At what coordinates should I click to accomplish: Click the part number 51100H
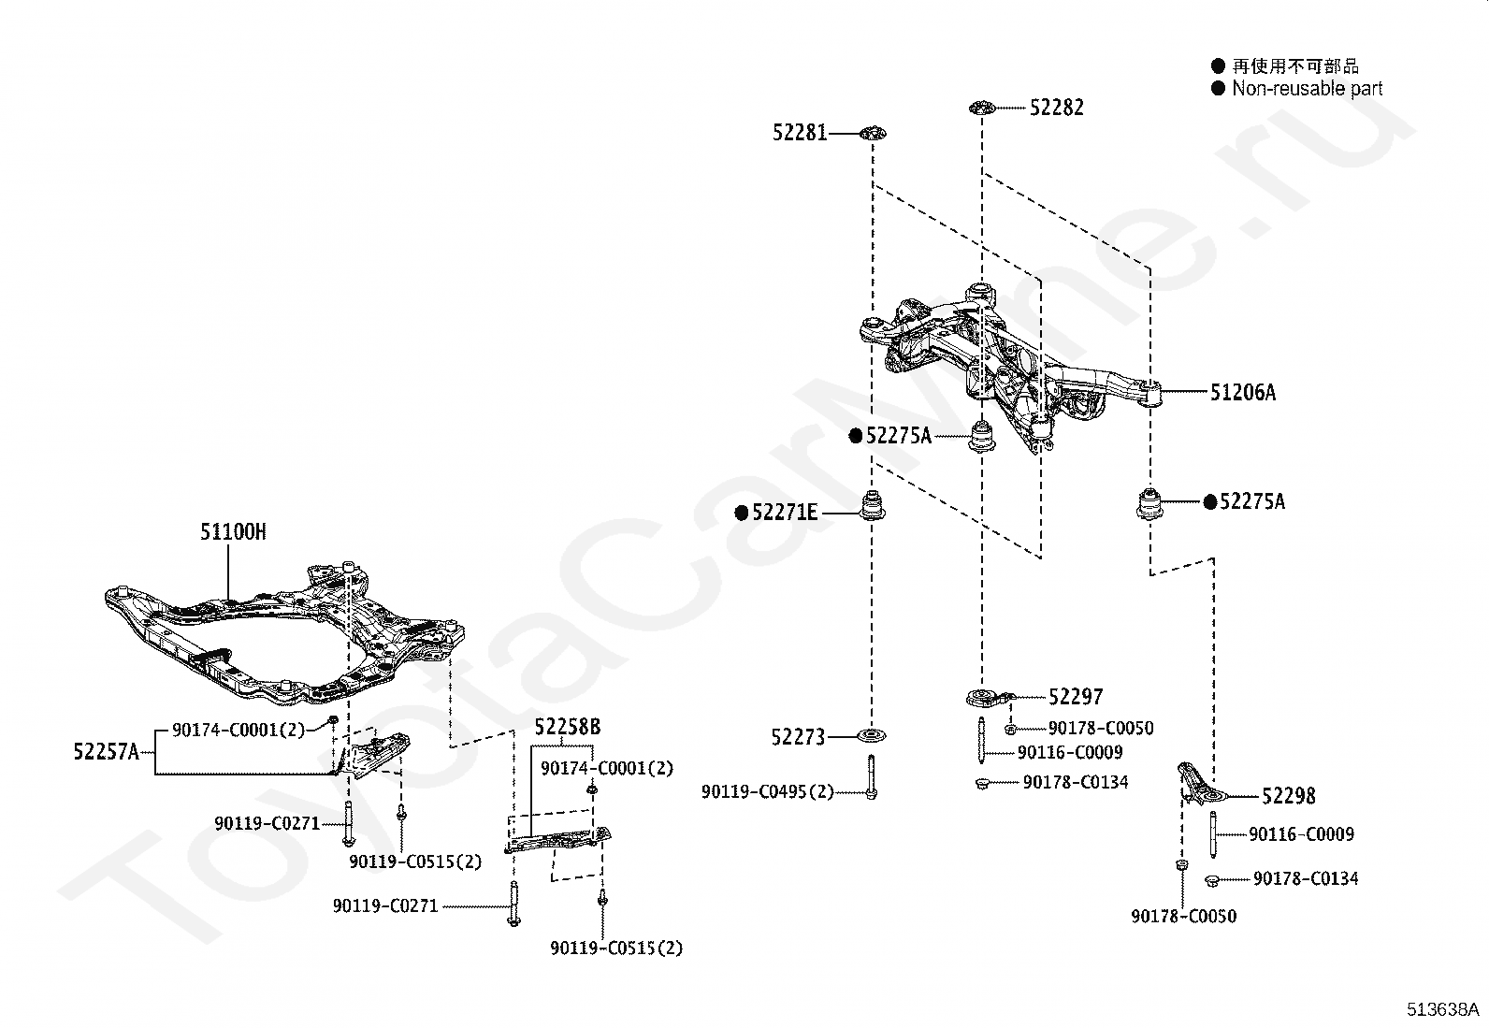[233, 532]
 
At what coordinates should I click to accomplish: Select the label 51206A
[1243, 392]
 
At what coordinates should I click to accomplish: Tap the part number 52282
[1057, 107]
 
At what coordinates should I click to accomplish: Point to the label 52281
[800, 133]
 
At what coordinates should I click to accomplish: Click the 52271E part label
[785, 513]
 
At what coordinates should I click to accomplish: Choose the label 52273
[799, 737]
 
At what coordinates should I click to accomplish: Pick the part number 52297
[1077, 697]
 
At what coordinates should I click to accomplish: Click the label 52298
[1289, 796]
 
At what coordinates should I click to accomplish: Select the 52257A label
[107, 752]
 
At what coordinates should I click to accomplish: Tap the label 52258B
[568, 727]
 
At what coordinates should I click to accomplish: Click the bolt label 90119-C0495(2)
[768, 792]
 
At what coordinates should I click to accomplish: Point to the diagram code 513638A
[1442, 1008]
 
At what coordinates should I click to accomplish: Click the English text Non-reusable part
[1307, 89]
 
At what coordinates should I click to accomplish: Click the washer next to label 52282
[982, 107]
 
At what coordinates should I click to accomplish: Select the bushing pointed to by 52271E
[872, 506]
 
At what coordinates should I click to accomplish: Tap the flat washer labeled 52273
[872, 735]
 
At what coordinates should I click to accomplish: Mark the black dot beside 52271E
[742, 513]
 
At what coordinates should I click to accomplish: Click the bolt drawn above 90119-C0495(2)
[872, 776]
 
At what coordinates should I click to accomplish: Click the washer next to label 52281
[873, 133]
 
